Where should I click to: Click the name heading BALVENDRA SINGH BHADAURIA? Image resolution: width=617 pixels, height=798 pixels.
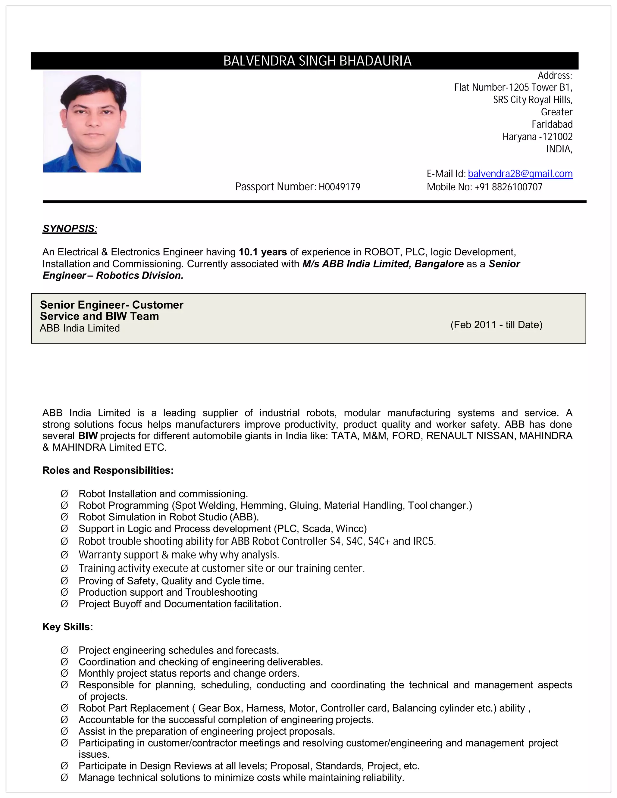tap(317, 61)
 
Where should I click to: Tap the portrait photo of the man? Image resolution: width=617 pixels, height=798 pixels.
tap(92, 122)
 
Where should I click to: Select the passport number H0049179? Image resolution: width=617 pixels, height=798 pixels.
tap(339, 187)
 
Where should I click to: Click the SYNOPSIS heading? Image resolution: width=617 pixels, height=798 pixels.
tap(70, 229)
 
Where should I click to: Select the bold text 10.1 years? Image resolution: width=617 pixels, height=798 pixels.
tap(262, 252)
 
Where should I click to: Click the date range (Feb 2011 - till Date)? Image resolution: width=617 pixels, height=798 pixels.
tap(496, 325)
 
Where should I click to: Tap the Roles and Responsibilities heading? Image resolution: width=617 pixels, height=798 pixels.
tap(108, 470)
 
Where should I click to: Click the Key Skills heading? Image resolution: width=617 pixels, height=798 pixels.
tap(67, 627)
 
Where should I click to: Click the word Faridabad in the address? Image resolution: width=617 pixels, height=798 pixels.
tap(552, 125)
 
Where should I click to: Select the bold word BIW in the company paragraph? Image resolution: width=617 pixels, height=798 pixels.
tap(88, 436)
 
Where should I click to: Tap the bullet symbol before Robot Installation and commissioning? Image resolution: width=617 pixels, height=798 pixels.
tap(64, 494)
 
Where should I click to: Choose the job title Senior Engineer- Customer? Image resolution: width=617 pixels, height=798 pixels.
tap(111, 305)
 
